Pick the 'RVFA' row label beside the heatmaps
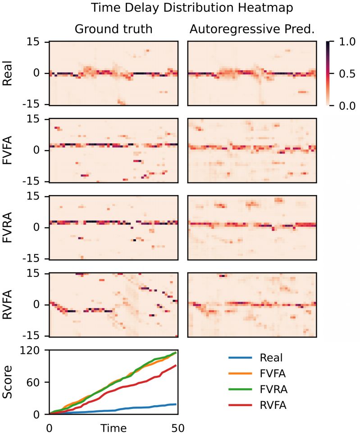(x=7, y=305)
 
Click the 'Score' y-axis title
(x=8, y=382)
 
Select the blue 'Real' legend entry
(x=271, y=358)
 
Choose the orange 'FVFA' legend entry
(x=273, y=374)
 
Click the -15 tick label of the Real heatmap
(x=32, y=104)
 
